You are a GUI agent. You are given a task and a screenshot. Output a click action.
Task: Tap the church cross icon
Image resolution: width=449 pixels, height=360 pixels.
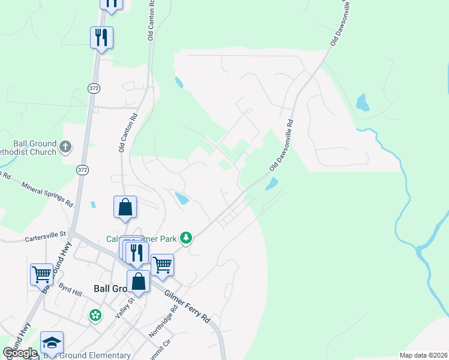click(65, 146)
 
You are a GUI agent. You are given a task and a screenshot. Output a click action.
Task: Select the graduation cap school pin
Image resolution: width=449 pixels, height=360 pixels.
click(52, 343)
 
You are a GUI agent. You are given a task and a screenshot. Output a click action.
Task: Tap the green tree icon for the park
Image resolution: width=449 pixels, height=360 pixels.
click(187, 239)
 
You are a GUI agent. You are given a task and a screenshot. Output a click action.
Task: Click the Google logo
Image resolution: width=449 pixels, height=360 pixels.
click(20, 353)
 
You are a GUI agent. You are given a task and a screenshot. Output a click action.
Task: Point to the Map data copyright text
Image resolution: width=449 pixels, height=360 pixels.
click(423, 355)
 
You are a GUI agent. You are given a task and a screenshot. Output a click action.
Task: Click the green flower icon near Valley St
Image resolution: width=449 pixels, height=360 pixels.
click(94, 315)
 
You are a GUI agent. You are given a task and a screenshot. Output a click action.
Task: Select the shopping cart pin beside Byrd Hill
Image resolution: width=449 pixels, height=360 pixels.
click(41, 274)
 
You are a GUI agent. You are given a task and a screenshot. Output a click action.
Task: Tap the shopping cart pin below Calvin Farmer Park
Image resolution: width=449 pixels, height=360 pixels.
click(162, 264)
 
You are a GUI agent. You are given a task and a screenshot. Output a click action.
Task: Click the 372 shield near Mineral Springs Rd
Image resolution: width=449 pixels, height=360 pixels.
click(82, 171)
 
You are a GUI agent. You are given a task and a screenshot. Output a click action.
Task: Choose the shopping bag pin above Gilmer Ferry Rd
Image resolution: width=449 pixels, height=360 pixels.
click(138, 281)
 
